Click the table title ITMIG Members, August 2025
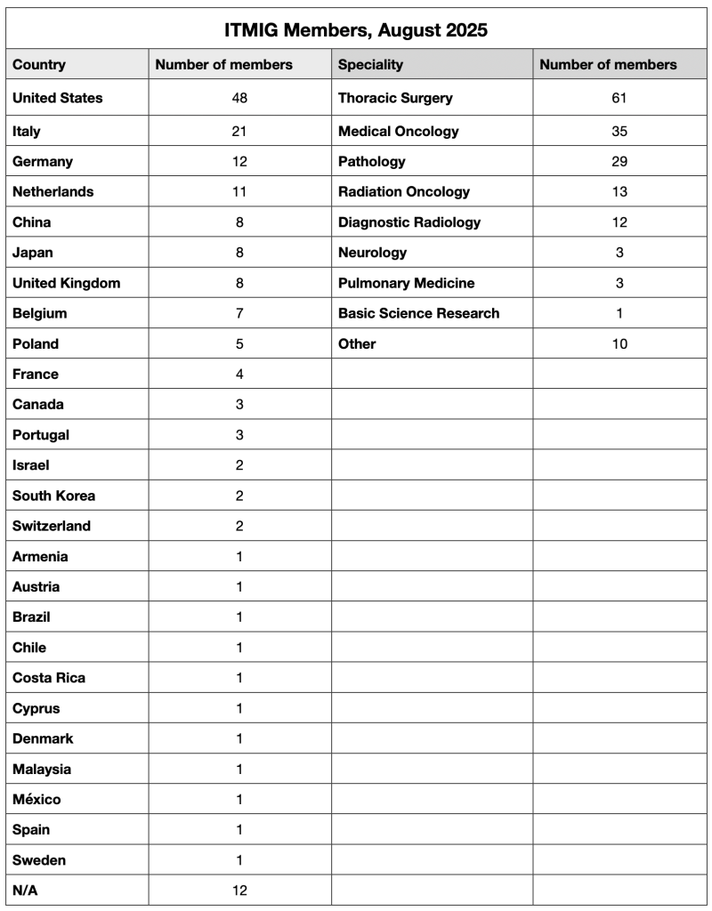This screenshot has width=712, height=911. (356, 30)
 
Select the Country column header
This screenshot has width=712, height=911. (39, 64)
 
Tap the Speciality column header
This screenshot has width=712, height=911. (370, 64)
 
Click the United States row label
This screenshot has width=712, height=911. (58, 98)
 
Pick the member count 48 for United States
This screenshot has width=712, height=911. (239, 98)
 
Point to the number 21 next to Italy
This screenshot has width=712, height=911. (239, 131)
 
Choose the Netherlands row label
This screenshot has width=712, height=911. (53, 191)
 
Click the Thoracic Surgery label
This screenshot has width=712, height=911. (395, 98)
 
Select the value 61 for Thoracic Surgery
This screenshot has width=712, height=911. (619, 98)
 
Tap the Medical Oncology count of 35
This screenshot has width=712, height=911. (619, 131)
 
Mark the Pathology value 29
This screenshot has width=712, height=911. (619, 161)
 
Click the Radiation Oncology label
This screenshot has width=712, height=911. (404, 191)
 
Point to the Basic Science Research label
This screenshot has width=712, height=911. (419, 313)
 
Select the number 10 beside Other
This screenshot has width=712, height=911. (619, 343)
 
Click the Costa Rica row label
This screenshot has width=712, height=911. (49, 678)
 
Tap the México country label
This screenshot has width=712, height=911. (36, 799)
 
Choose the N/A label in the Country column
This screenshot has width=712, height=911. (25, 890)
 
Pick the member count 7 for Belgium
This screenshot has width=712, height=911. (239, 313)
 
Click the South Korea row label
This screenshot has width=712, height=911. (54, 496)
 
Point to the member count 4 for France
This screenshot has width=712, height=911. (239, 374)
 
